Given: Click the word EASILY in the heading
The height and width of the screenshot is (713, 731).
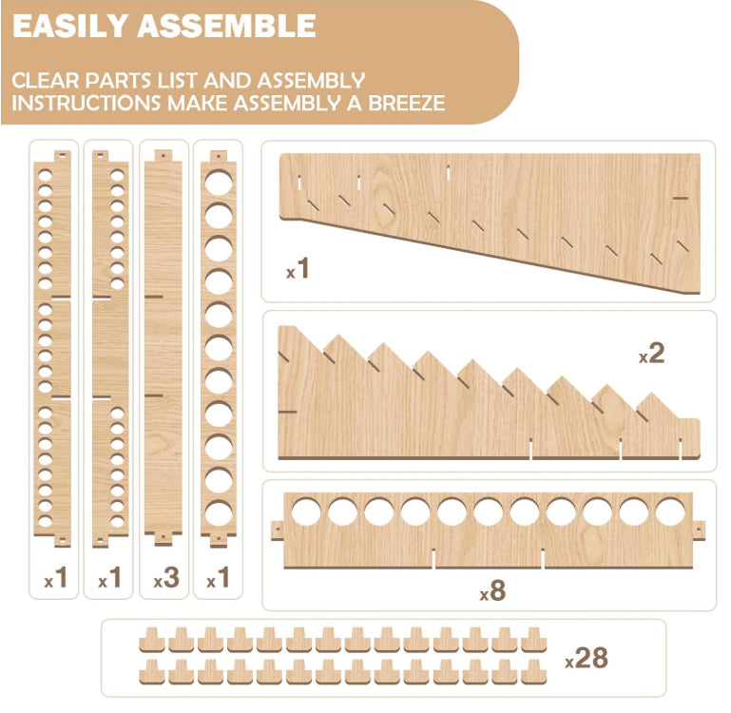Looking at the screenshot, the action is pyautogui.click(x=70, y=26).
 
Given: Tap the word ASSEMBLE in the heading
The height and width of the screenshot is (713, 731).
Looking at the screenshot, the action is pyautogui.click(x=227, y=26).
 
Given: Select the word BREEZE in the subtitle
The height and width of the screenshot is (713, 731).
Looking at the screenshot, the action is pyautogui.click(x=407, y=103).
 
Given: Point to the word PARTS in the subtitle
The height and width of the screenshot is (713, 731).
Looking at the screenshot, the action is pyautogui.click(x=120, y=81).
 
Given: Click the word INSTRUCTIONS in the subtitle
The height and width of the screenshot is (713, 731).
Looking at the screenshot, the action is pyautogui.click(x=87, y=103).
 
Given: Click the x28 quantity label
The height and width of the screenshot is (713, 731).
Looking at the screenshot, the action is pyautogui.click(x=587, y=659).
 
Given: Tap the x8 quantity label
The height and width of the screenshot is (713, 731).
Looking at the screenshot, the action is pyautogui.click(x=492, y=590).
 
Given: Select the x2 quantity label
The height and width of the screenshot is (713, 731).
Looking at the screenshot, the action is pyautogui.click(x=651, y=354).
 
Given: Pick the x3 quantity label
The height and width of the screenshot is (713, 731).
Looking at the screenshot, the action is pyautogui.click(x=166, y=578).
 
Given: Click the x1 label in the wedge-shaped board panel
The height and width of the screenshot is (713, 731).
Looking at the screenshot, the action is pyautogui.click(x=298, y=269).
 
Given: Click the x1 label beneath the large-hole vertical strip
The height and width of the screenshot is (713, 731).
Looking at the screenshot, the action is pyautogui.click(x=218, y=578).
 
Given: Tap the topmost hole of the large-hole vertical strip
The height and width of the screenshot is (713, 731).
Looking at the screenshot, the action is pyautogui.click(x=219, y=183).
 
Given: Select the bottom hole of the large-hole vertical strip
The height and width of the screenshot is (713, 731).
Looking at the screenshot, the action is pyautogui.click(x=219, y=514).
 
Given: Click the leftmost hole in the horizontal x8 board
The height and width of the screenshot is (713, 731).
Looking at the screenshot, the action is pyautogui.click(x=306, y=511).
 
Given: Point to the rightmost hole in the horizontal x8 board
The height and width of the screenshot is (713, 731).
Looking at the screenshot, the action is pyautogui.click(x=670, y=511).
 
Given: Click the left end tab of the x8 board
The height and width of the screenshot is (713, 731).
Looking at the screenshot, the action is pyautogui.click(x=278, y=530).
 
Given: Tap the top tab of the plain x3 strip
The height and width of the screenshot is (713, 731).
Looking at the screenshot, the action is pyautogui.click(x=164, y=156).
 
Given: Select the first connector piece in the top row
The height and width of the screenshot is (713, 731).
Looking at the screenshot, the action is pyautogui.click(x=152, y=640).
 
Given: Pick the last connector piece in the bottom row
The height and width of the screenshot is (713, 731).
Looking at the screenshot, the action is pyautogui.click(x=534, y=671).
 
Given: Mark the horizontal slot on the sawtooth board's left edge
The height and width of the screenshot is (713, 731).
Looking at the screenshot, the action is pyautogui.click(x=287, y=412).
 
